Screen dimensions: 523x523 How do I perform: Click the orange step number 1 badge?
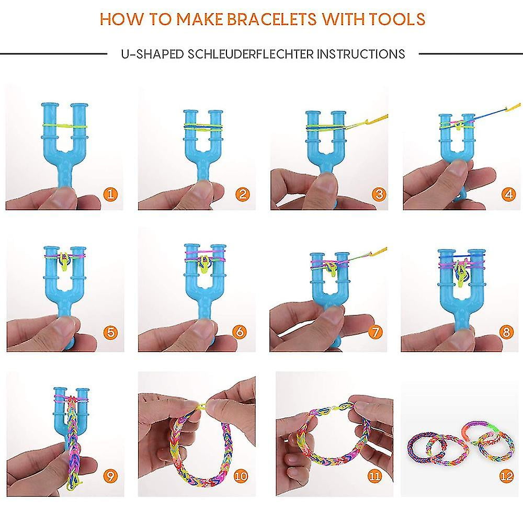coord(110,194)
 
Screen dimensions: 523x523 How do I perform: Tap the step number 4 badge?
coord(508,194)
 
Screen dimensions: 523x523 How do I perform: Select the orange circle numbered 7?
coord(375,332)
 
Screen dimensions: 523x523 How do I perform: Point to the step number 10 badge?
coord(241,476)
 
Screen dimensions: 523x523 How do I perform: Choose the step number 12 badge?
coord(506,476)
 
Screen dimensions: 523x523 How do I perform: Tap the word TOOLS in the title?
coord(397,19)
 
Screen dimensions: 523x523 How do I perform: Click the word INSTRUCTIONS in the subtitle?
coord(360,54)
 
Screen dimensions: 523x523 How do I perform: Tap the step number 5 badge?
coord(110,332)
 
